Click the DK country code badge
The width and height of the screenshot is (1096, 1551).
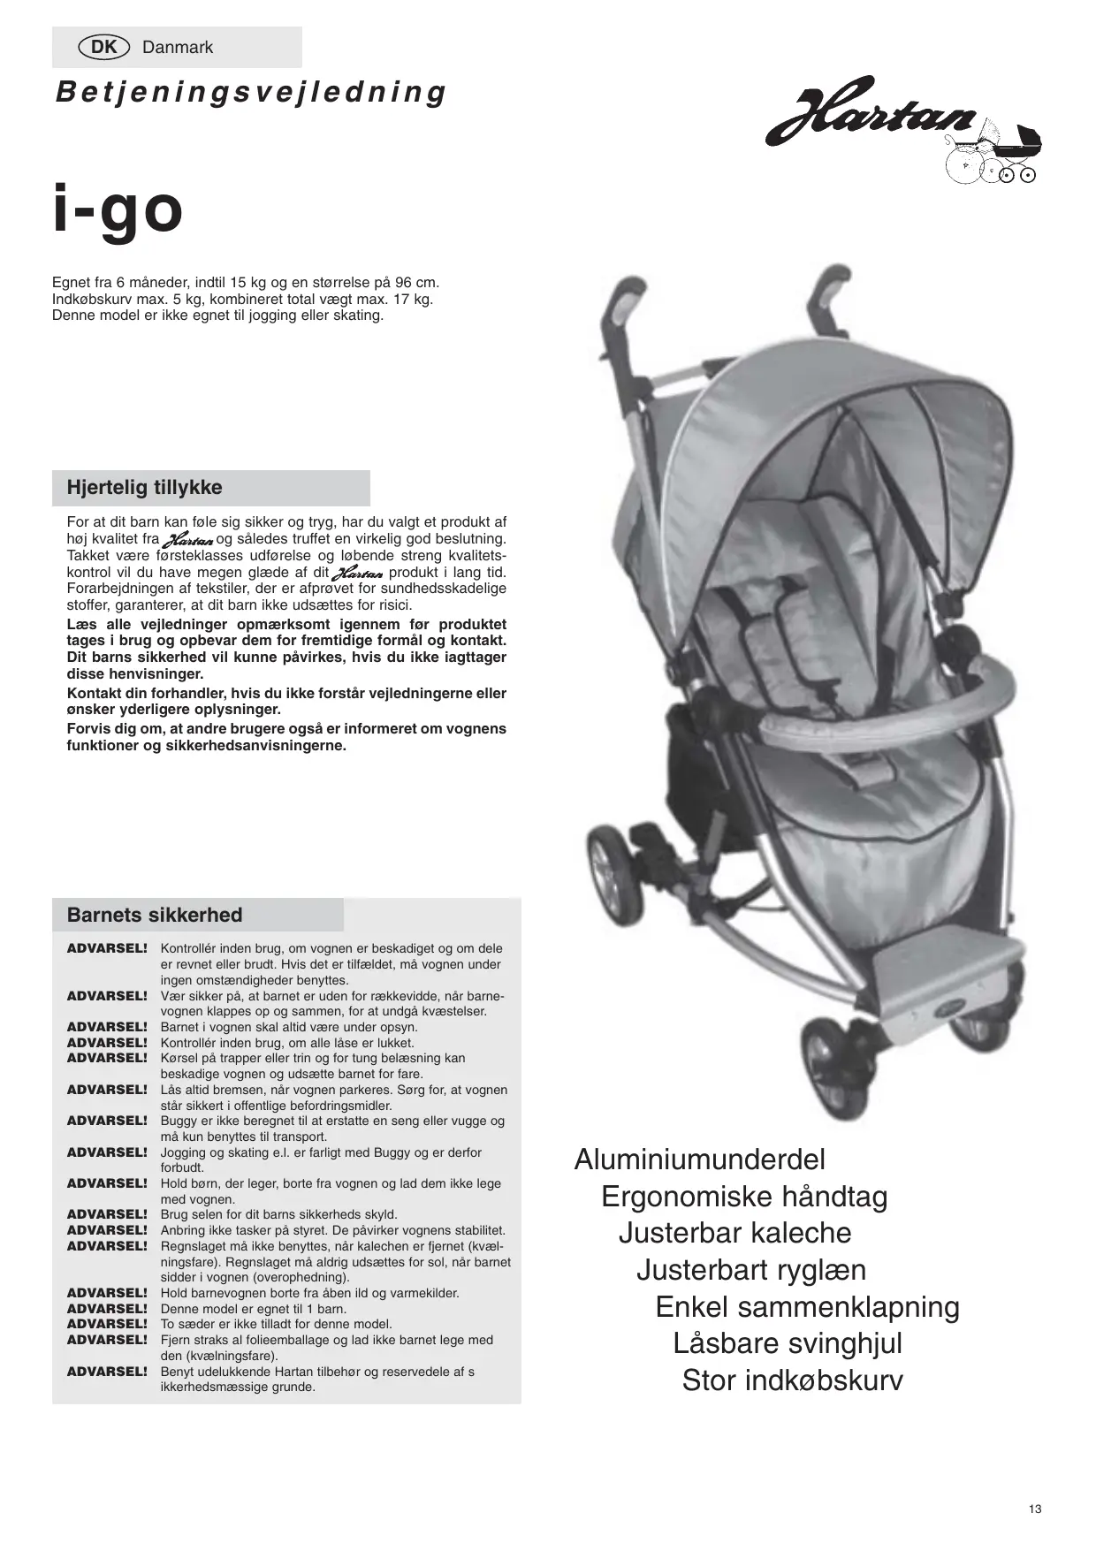[x=104, y=48]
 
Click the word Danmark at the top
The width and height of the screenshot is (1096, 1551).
[x=178, y=48]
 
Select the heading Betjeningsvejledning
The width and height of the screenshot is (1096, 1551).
[x=251, y=93]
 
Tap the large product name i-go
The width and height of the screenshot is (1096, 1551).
[x=118, y=209]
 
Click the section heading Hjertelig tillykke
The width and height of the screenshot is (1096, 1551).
[x=145, y=488]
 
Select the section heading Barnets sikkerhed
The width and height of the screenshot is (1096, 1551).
[x=155, y=916]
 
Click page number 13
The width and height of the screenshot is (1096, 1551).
[x=1035, y=1509]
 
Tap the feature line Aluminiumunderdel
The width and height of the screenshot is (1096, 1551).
[x=699, y=1159]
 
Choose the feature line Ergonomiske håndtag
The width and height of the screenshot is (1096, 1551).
[x=744, y=1197]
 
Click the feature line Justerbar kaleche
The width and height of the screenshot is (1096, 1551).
[x=734, y=1233]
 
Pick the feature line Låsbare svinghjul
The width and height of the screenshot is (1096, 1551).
[x=788, y=1343]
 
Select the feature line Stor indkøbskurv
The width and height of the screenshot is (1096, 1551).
[x=792, y=1380]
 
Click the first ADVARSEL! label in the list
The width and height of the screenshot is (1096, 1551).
[x=107, y=948]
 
